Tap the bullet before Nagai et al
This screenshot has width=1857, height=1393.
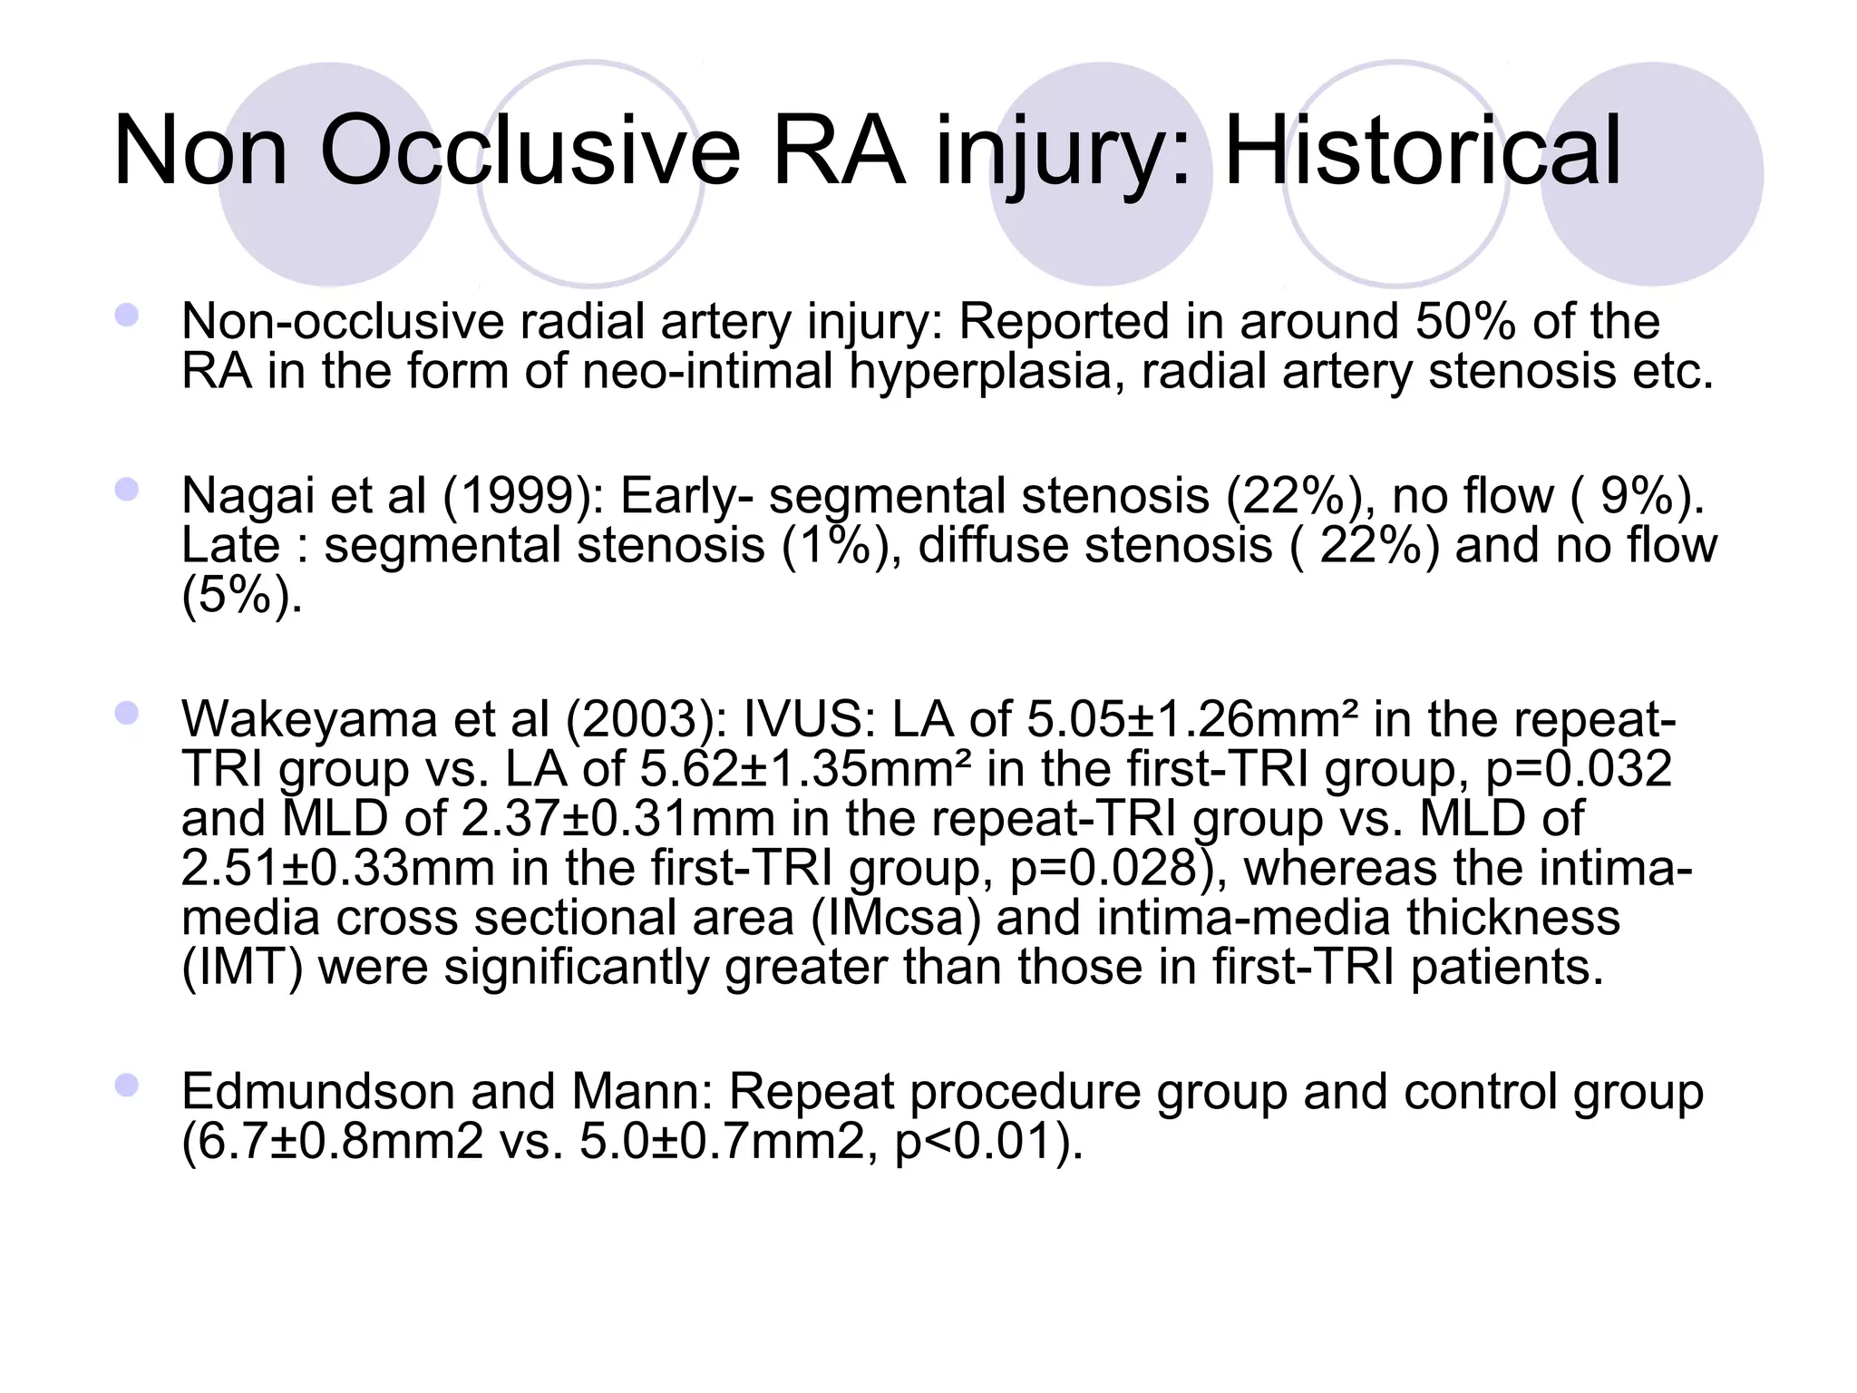pos(126,490)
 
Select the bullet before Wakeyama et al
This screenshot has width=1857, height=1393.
pos(126,713)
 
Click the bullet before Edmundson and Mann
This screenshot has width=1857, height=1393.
pos(126,1085)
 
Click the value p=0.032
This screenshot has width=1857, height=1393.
pos(1579,769)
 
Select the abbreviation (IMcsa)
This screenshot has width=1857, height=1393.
pos(896,918)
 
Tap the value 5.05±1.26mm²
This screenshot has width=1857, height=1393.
pos(1192,719)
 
